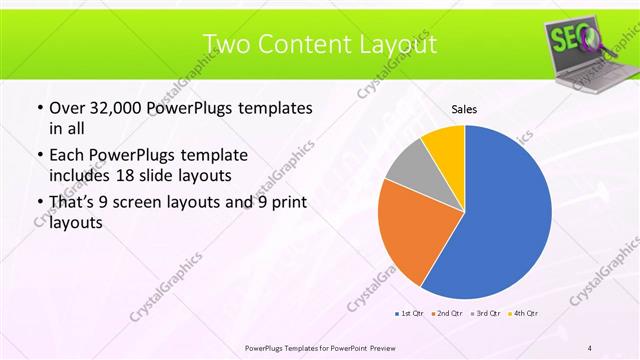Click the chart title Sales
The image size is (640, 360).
464,108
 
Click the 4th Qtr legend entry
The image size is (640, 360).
524,314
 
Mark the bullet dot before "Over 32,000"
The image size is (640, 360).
39,109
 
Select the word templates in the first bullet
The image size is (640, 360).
272,108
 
